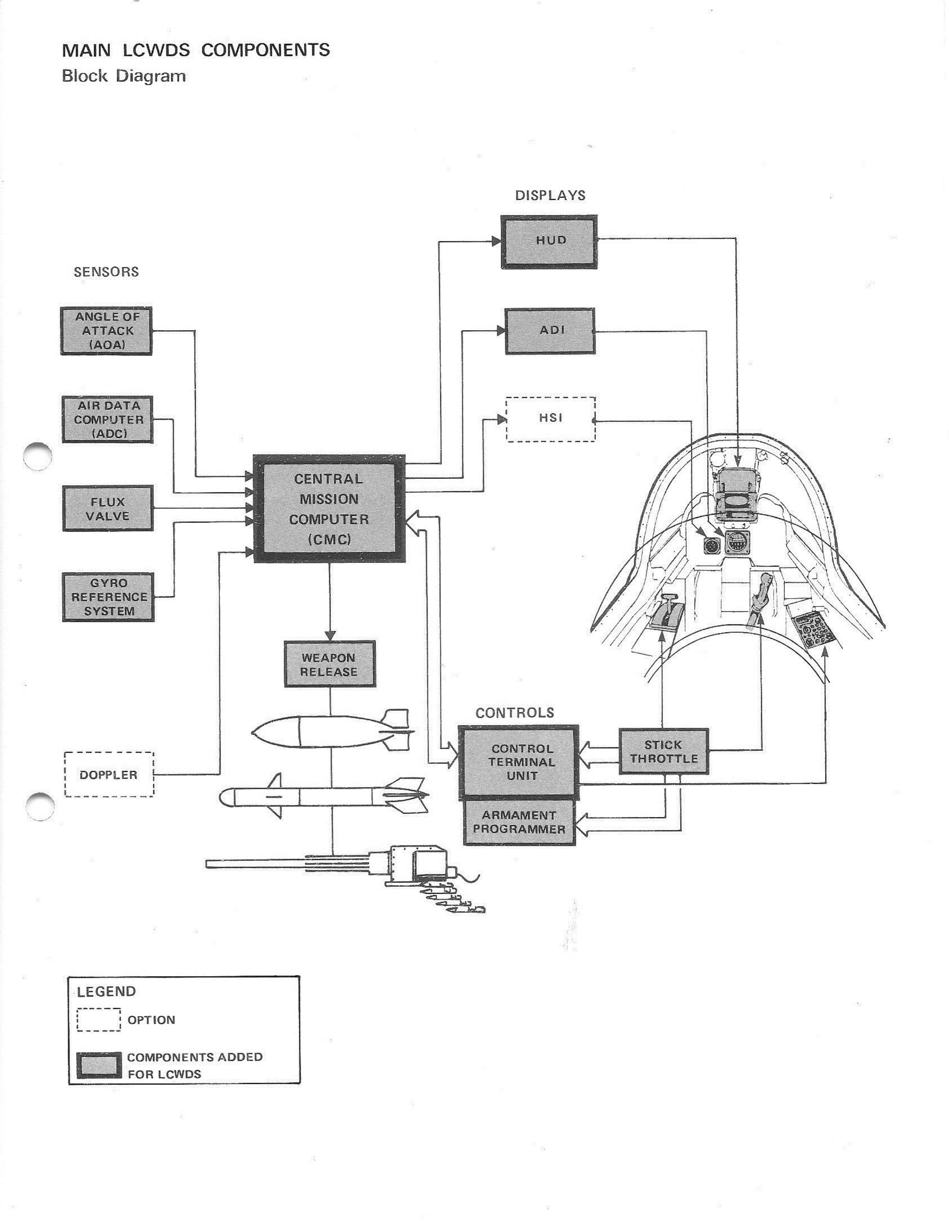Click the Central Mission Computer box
tap(329, 509)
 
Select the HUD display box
tap(549, 241)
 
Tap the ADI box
tap(550, 331)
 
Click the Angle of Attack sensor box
tap(106, 331)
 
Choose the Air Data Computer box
tap(107, 420)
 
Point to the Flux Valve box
tap(107, 509)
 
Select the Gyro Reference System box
tap(108, 597)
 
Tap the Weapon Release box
tap(330, 664)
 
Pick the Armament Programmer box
tap(519, 823)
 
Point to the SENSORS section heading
tap(106, 272)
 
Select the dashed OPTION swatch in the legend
tap(99, 1019)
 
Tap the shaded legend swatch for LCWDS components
tap(99, 1065)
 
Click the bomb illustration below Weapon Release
tap(330, 730)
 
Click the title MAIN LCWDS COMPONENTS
tap(196, 50)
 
